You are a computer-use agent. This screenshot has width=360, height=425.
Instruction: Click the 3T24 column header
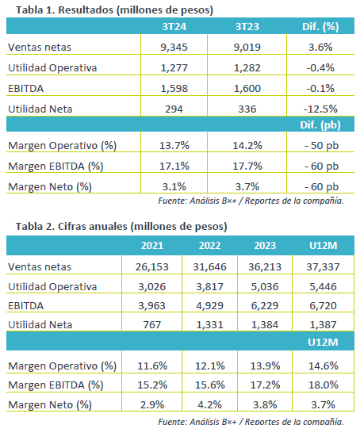point(174,27)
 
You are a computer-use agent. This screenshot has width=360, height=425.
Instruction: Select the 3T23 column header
point(247,27)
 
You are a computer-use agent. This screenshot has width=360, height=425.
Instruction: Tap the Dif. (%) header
point(320,27)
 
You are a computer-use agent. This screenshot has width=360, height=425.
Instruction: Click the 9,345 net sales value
point(174,47)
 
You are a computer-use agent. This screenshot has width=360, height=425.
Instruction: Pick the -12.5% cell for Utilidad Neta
point(320,109)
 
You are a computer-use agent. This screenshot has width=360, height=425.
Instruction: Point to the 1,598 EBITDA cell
point(174,88)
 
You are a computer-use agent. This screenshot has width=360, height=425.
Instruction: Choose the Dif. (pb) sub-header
point(320,125)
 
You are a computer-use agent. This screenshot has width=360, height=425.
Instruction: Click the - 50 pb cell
point(321,146)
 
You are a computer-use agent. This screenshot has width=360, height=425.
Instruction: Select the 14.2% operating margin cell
point(247,146)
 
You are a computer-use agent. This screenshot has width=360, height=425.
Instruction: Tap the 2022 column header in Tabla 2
point(210,246)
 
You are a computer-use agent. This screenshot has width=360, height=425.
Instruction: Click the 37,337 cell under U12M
point(323,267)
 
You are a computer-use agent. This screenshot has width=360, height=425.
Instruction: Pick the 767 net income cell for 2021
point(152,325)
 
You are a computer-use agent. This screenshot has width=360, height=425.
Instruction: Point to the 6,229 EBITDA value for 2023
point(265,306)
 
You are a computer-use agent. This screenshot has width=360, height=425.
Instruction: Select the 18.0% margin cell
point(324,385)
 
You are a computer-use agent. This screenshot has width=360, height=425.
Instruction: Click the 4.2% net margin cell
point(210,404)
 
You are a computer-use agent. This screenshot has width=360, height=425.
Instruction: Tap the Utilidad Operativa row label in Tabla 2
point(52,287)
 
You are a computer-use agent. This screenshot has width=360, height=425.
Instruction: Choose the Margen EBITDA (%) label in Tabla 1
point(56,167)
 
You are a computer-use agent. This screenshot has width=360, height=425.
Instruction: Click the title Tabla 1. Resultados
point(114,10)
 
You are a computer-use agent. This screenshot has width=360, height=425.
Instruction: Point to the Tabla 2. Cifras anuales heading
point(121,226)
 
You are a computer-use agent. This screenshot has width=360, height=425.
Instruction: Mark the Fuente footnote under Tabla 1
point(251,201)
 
